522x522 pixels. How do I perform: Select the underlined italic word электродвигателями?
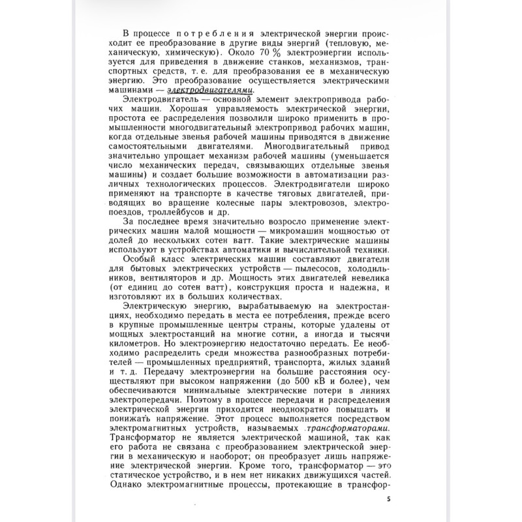pos(209,90)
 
